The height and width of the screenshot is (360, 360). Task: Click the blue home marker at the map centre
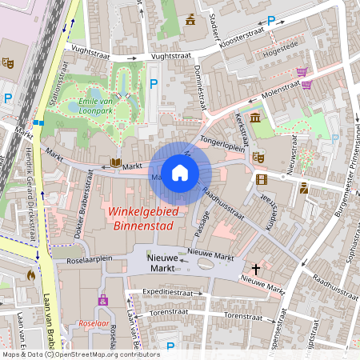(x=180, y=172)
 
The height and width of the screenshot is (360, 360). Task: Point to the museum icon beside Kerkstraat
(x=254, y=118)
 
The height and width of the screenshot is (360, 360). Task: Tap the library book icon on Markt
(x=115, y=163)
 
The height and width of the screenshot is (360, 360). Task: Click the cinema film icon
(x=262, y=178)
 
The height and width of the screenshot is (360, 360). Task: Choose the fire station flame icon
(x=31, y=275)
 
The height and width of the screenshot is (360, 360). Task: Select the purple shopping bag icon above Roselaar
(x=102, y=300)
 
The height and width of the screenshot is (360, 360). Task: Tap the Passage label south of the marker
(x=202, y=225)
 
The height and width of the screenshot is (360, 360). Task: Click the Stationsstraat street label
(x=58, y=93)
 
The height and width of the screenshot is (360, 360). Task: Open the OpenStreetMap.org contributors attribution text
(x=102, y=354)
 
